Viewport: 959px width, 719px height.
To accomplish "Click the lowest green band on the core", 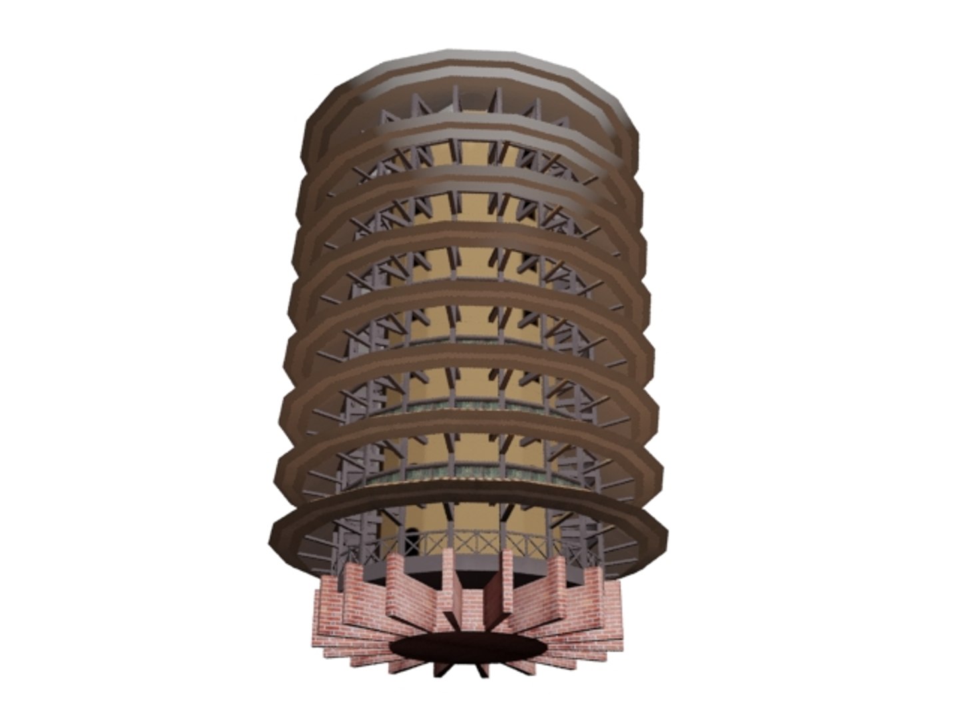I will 466,473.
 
